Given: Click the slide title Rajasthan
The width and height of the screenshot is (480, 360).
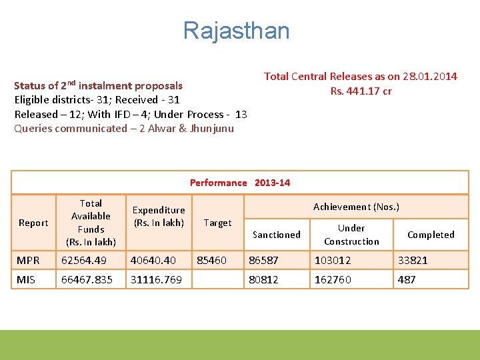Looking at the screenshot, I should click(x=237, y=31).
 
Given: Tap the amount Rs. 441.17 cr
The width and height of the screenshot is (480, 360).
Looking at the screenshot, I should click(x=361, y=91).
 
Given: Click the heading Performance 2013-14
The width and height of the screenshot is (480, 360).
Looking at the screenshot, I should click(x=240, y=183).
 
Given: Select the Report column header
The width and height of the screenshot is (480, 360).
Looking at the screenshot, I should click(x=33, y=223).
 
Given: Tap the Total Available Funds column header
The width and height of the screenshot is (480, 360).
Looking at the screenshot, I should click(x=91, y=223).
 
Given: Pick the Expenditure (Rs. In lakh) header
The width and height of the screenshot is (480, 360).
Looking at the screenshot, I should click(x=159, y=217).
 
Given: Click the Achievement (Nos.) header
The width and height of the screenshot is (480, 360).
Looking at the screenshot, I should click(x=356, y=207).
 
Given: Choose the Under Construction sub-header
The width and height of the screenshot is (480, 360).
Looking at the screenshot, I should click(x=351, y=235).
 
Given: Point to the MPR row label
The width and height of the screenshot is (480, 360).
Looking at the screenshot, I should click(x=28, y=261).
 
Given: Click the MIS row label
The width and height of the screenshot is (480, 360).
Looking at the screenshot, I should click(x=25, y=280).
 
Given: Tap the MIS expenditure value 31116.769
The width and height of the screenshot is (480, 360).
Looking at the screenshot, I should click(x=156, y=280).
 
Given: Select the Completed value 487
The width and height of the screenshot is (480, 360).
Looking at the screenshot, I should click(x=407, y=280).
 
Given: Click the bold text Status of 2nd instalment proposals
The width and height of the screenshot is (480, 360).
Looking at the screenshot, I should click(x=98, y=85).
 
